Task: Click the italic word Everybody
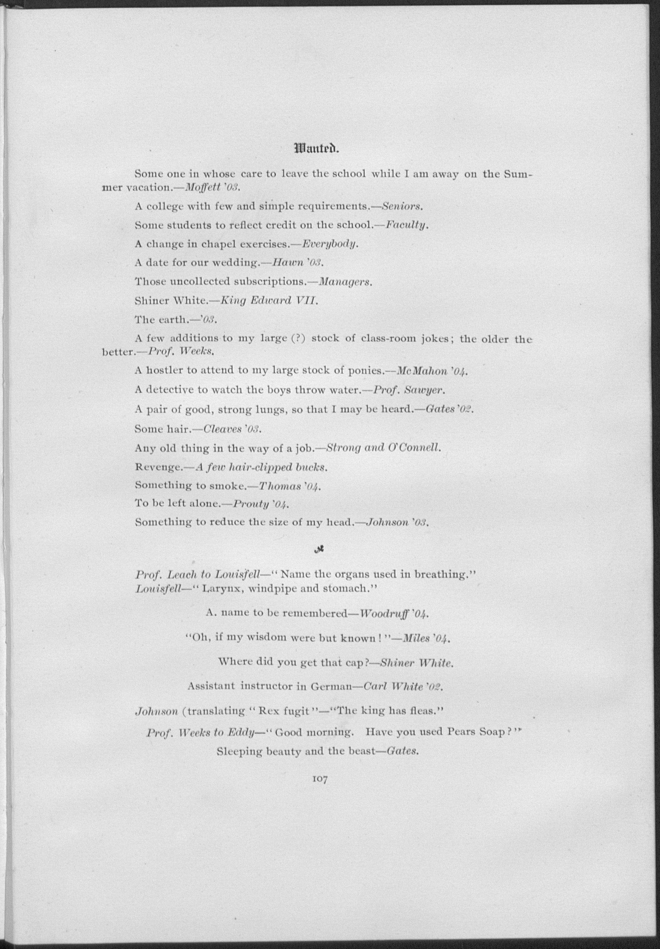coord(330,244)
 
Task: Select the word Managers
coord(346,282)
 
